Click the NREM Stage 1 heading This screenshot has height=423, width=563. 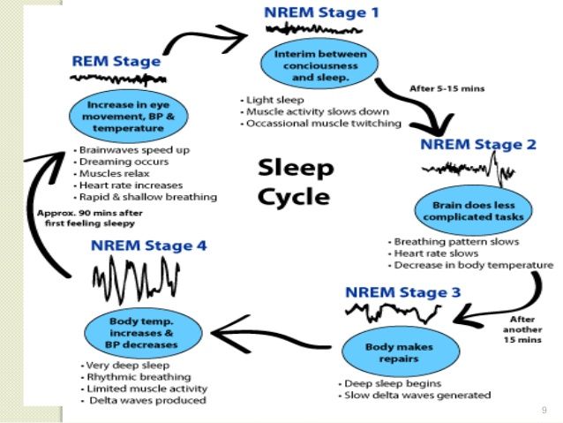[321, 12]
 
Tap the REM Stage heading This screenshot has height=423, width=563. [116, 61]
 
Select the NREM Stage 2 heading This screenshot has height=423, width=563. [478, 145]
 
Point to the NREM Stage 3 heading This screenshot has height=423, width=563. [402, 292]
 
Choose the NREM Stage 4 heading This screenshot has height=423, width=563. [148, 245]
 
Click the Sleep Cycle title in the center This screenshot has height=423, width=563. [296, 183]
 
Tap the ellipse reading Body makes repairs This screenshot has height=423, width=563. [401, 352]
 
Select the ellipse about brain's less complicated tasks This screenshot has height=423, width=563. [474, 210]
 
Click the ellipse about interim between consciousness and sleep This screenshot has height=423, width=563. [319, 64]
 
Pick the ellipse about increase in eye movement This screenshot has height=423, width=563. [129, 116]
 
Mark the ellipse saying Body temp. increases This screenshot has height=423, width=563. [143, 333]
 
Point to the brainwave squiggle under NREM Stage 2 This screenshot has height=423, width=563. [469, 169]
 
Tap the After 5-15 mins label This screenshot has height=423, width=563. [447, 88]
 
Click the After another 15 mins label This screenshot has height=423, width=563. [522, 329]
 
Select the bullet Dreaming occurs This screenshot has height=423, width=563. [121, 162]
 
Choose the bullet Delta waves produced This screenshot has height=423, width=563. [145, 400]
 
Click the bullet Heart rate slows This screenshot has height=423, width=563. [434, 253]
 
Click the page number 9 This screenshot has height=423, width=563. [544, 410]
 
